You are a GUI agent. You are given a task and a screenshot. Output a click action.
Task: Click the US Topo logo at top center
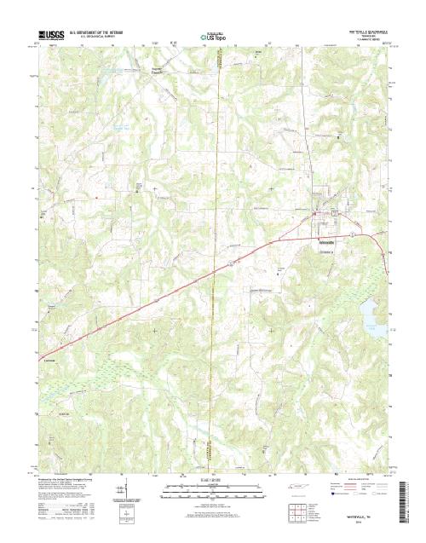click(213, 38)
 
